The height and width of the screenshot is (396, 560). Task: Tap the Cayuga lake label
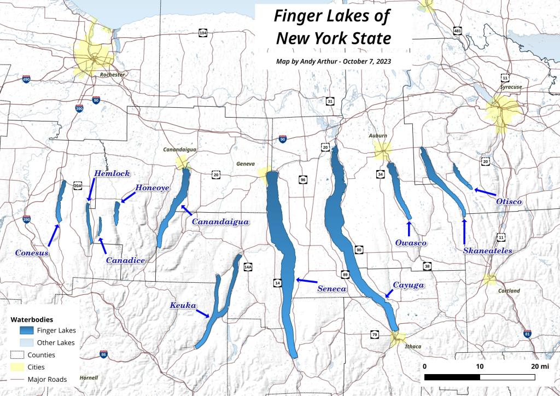(408, 285)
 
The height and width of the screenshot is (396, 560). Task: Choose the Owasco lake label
(410, 242)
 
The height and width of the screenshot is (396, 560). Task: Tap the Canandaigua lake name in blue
(220, 222)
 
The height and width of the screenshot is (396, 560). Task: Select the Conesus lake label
(32, 253)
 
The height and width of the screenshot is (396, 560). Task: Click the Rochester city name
(112, 74)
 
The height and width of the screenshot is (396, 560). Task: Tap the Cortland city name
(509, 291)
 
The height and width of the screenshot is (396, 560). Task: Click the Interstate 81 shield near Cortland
(527, 334)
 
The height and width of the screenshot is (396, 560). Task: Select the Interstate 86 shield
(103, 355)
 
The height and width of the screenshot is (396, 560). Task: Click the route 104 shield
(203, 33)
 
